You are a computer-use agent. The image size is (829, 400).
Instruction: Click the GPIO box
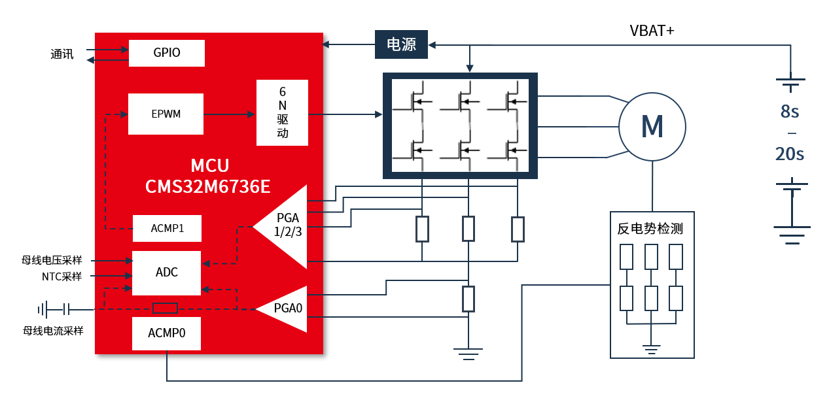coord(167,53)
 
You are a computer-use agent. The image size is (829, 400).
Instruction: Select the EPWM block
coord(166,114)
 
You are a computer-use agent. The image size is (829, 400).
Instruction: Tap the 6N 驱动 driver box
coord(282,113)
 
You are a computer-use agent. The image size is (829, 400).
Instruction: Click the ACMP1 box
coord(167,228)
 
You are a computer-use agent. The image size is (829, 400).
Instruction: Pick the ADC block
coord(167,273)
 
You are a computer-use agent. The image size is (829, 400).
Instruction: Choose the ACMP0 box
coord(166,333)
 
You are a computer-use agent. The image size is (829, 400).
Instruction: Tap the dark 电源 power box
coord(401,44)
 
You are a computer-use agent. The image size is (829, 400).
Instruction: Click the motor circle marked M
coord(652,127)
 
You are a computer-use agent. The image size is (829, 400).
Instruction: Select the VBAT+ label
coord(652,30)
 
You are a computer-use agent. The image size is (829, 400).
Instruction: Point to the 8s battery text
coord(790,112)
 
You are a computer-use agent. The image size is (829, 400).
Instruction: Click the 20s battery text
coord(790,154)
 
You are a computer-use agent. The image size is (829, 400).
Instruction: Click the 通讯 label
coord(62,54)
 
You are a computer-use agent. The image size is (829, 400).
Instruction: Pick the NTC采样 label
coord(62,276)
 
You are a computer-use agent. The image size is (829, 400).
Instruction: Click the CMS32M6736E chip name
coord(208,188)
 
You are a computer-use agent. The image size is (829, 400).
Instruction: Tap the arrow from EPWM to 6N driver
coord(229,114)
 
